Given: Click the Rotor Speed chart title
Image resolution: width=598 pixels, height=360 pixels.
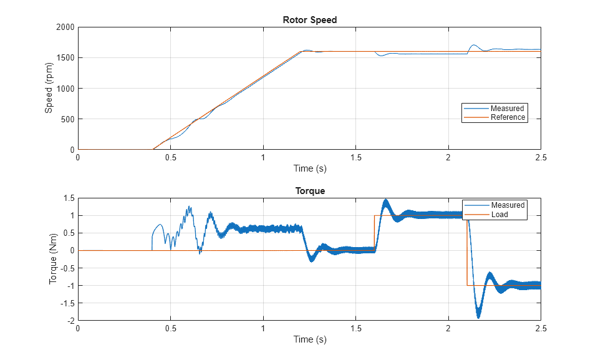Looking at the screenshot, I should click(309, 20).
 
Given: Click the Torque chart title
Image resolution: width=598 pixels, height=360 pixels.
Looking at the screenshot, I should click(309, 191).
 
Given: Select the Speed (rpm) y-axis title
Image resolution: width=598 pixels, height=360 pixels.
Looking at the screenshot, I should click(49, 88).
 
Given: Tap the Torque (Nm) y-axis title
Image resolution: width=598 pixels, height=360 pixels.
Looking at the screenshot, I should click(53, 259).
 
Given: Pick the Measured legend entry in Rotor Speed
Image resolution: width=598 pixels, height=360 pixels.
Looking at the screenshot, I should click(507, 109).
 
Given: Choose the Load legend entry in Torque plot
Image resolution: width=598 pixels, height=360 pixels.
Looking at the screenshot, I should click(499, 214).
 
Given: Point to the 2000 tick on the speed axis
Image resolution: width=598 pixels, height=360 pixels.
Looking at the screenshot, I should click(65, 27).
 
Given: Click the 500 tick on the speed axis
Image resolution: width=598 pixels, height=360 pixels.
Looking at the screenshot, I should click(67, 119).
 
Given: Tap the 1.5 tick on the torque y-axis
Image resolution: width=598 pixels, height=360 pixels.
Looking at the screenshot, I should click(69, 198).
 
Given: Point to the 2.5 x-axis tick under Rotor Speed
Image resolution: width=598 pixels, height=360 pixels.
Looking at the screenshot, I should click(541, 158).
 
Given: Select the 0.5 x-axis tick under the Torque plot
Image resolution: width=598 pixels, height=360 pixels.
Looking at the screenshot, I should click(170, 328).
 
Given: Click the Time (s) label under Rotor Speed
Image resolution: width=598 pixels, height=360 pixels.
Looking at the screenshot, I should click(309, 168).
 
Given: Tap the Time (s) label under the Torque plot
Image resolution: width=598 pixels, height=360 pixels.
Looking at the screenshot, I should click(309, 339).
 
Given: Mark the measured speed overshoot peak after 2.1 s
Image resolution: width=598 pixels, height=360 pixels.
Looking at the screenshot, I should click(474, 45).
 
